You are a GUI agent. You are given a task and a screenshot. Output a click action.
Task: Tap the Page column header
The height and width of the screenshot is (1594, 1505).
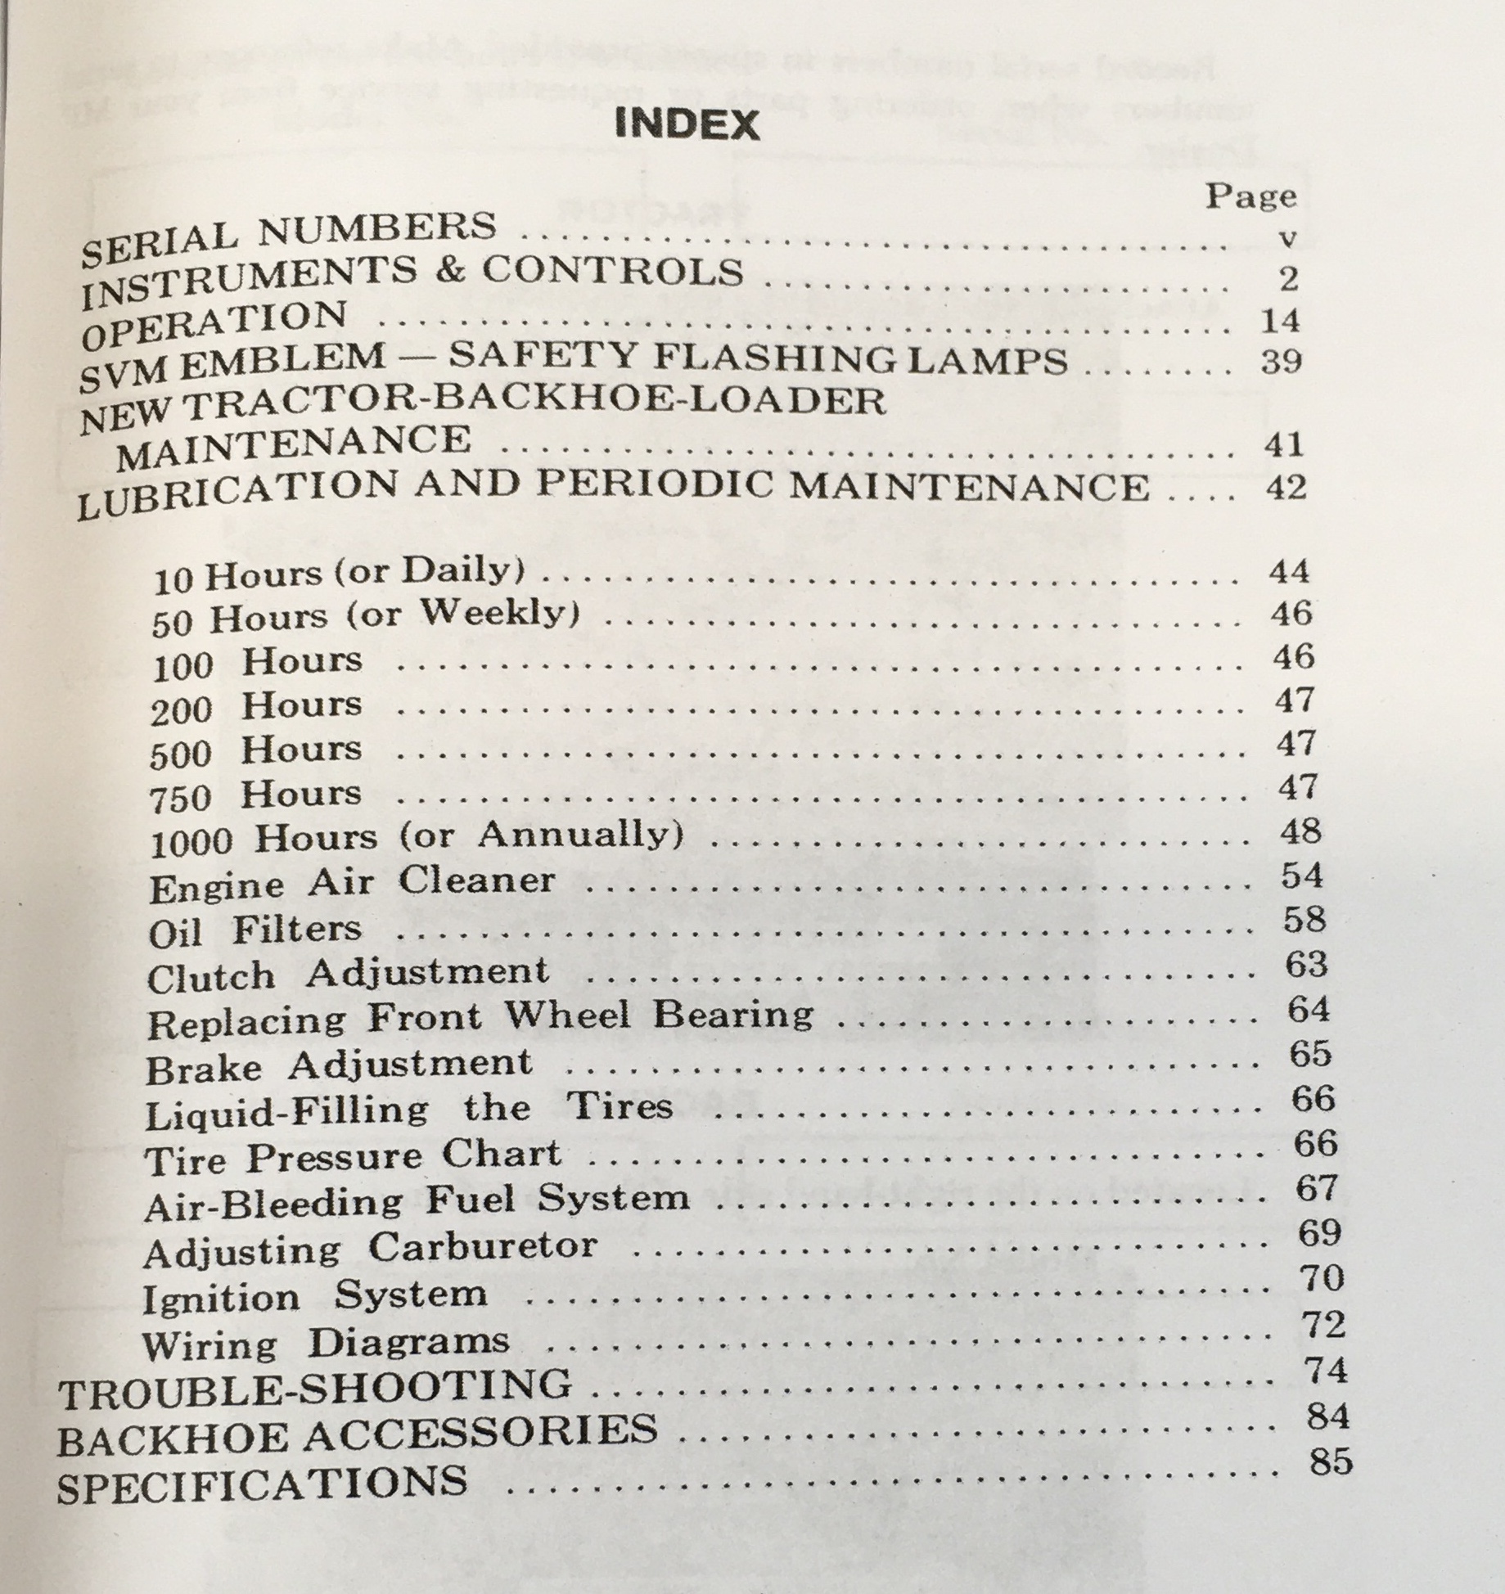click(1250, 196)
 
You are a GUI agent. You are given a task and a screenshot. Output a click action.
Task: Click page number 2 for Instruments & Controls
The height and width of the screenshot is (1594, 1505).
click(1287, 280)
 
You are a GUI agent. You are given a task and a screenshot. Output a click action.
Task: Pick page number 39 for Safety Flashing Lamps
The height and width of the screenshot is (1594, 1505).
click(1282, 362)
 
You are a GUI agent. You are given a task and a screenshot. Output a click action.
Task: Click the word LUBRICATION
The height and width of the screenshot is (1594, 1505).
click(237, 494)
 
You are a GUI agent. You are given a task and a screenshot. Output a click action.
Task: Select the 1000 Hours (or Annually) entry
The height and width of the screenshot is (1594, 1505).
click(417, 838)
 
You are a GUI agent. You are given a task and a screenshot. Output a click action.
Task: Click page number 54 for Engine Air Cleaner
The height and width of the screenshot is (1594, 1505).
click(1302, 876)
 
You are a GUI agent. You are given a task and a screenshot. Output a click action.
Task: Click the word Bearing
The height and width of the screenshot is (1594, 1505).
click(732, 1015)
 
